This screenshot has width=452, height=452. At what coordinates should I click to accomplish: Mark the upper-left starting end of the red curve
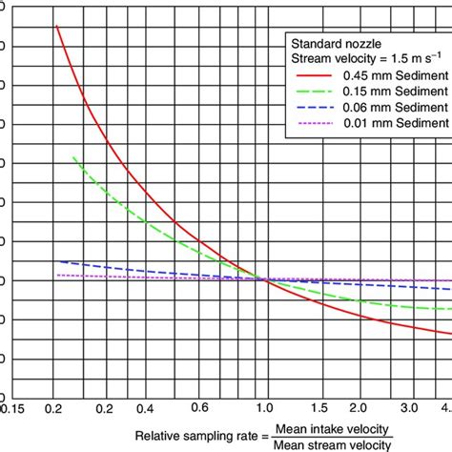coord(57,26)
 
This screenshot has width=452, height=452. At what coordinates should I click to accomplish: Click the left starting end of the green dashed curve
coord(72,156)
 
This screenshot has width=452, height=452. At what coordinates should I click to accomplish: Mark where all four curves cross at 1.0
coord(259,278)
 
